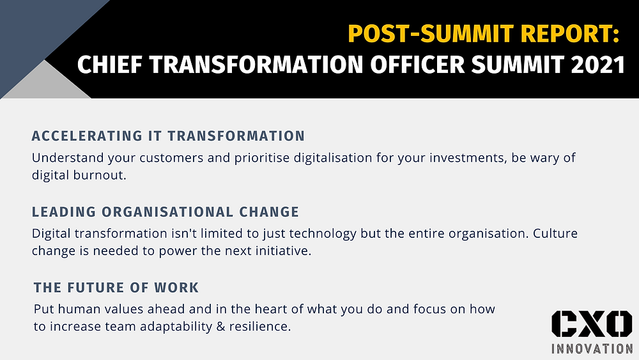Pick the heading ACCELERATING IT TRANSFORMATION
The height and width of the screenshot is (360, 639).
click(168, 136)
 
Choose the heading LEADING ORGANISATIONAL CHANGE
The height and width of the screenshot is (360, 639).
click(166, 212)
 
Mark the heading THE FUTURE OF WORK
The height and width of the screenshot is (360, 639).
click(116, 288)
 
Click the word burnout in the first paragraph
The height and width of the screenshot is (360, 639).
click(100, 175)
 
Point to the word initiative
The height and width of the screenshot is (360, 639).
click(283, 250)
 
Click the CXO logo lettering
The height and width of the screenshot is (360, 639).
click(592, 324)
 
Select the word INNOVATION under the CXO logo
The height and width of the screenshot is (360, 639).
click(592, 348)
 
